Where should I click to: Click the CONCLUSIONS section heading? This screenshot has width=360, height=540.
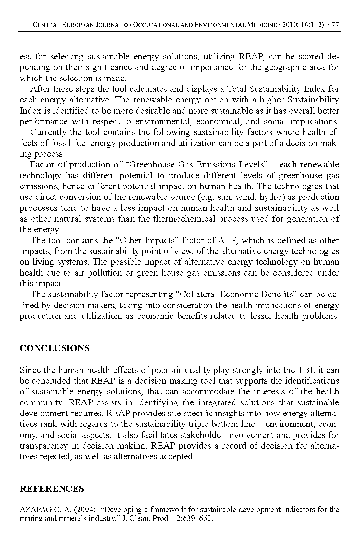(x=54, y=348)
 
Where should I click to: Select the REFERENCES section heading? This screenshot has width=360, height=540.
(x=52, y=489)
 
